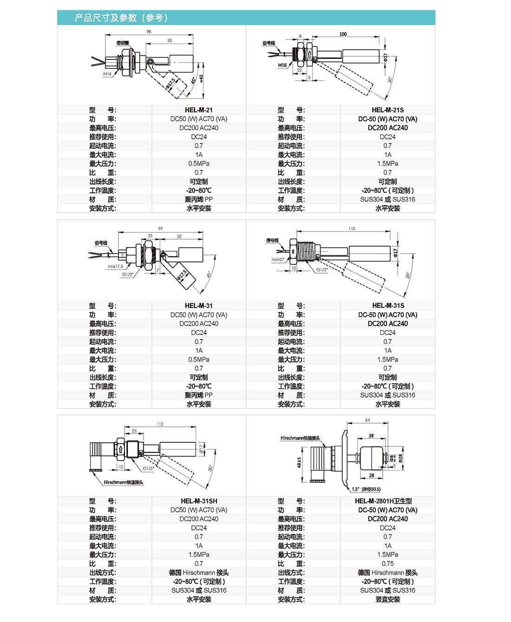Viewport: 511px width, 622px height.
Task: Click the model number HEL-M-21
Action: click(x=198, y=110)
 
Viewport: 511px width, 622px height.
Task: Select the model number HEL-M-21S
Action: click(x=387, y=110)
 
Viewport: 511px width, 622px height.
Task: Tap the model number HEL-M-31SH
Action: click(x=199, y=501)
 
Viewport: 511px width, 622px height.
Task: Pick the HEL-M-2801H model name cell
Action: click(x=383, y=501)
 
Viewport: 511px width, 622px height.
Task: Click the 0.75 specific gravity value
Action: click(x=387, y=563)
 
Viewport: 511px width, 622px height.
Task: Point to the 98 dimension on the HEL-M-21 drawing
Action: click(x=149, y=32)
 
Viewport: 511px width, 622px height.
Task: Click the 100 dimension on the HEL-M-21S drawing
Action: click(x=343, y=34)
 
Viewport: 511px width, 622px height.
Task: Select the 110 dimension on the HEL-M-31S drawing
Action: click(x=352, y=229)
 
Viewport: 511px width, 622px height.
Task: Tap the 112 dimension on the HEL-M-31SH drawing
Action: click(x=160, y=424)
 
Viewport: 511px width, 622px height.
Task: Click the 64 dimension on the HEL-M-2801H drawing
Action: click(x=367, y=420)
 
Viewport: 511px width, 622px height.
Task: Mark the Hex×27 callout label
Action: click(x=278, y=260)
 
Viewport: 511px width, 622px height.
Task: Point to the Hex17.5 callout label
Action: click(x=115, y=267)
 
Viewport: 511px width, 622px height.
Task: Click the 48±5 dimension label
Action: click(x=300, y=462)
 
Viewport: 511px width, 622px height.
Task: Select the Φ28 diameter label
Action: click(x=400, y=458)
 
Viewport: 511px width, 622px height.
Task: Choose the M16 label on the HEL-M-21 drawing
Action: click(x=107, y=74)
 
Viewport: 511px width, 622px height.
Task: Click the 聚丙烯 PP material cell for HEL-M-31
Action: click(x=198, y=395)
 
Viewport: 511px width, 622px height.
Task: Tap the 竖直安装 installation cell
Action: click(x=387, y=599)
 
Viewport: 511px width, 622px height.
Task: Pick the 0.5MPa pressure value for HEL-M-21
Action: click(x=198, y=164)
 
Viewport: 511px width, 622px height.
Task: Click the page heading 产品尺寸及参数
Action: click(x=121, y=18)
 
